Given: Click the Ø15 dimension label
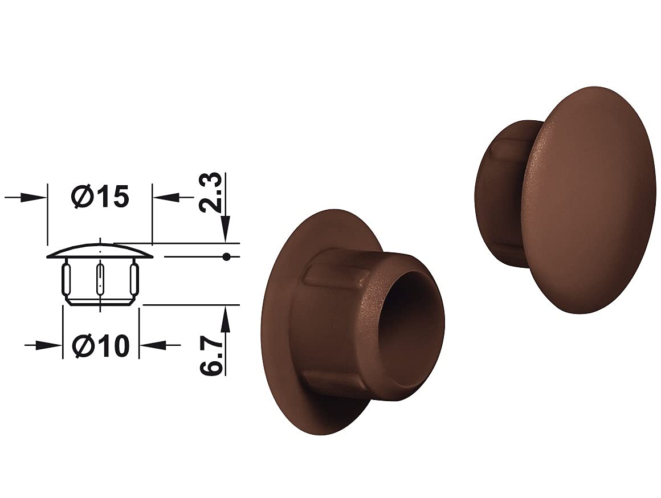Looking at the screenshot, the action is tap(100, 197).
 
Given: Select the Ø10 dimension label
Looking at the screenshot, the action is tap(100, 346).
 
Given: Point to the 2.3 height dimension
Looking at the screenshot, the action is tap(210, 192).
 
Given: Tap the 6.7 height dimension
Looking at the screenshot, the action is tap(210, 354).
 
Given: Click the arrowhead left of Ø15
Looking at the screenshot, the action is tap(33, 197).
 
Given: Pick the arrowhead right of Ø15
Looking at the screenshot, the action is tap(166, 197).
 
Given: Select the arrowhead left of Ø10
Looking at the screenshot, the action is tap(48, 345).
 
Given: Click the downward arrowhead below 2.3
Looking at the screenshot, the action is tap(226, 228).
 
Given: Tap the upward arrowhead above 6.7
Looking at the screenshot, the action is tap(226, 319).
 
